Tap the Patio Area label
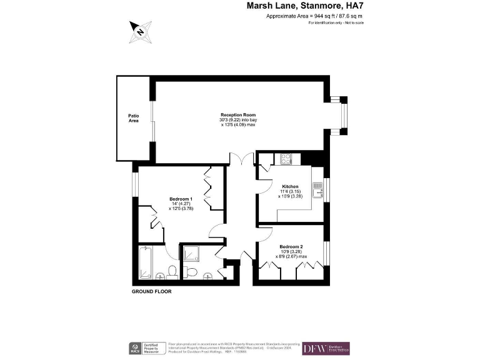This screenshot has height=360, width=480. tap(134, 117)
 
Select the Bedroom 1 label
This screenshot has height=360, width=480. tap(182, 199)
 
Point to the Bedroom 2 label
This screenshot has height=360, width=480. tap(292, 246)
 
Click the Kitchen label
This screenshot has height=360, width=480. tap(291, 187)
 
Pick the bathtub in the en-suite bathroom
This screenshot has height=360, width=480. tap(145, 262)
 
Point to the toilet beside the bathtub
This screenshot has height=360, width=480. tap(171, 271)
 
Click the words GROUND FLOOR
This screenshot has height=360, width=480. tap(151, 292)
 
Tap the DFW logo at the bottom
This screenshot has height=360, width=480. tap(326, 349)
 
